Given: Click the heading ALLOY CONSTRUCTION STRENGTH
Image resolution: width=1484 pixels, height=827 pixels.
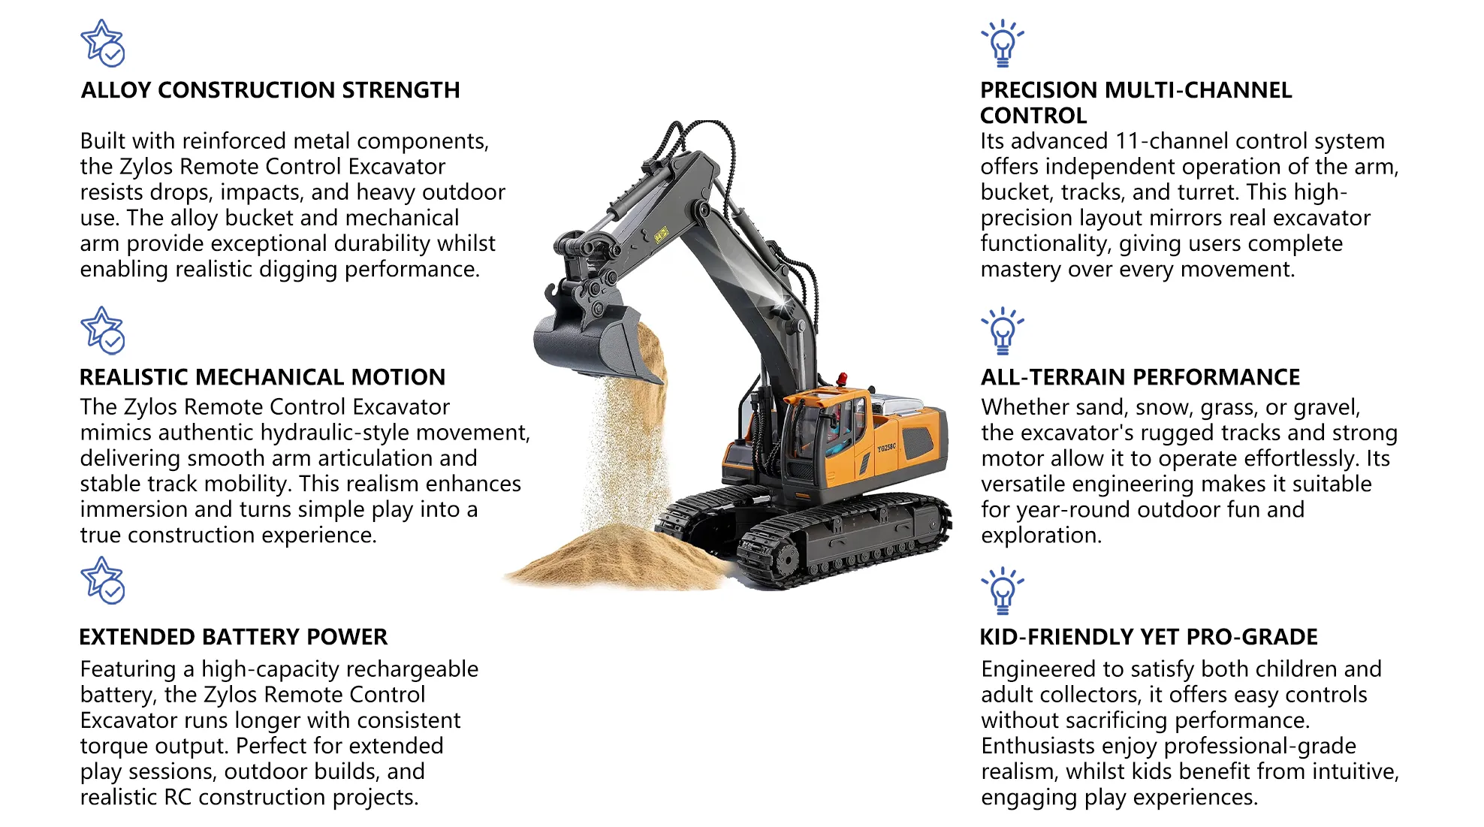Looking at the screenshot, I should click(x=270, y=90).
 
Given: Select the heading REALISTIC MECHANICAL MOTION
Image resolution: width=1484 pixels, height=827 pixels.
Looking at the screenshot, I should click(x=262, y=377).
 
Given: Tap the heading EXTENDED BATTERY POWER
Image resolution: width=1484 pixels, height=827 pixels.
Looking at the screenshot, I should click(x=233, y=637).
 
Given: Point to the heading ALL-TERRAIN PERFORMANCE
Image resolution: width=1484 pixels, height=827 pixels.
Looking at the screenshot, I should click(x=1140, y=377).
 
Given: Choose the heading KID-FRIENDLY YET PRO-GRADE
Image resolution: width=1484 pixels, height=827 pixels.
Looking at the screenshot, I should click(x=1148, y=637).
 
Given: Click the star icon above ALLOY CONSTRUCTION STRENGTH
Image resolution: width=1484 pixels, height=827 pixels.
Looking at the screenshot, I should click(x=103, y=43).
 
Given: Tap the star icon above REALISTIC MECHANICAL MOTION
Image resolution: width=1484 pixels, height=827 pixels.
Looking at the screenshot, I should click(x=103, y=330).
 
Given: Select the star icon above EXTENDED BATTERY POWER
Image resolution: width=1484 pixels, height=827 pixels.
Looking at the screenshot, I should click(x=103, y=581).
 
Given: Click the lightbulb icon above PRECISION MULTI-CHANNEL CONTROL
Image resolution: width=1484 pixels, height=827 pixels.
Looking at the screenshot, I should click(x=1002, y=43).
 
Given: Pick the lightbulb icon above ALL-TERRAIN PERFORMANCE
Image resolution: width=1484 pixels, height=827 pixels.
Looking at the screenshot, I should click(x=1002, y=330).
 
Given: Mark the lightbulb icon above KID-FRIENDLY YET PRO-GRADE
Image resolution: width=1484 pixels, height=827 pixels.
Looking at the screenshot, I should click(x=1002, y=590).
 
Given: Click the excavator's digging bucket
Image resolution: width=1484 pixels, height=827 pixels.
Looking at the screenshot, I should click(x=590, y=346).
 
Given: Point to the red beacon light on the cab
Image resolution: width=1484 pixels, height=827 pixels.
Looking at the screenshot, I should click(x=842, y=378).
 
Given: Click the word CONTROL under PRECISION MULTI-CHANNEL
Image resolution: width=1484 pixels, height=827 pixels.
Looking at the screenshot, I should click(x=1033, y=116).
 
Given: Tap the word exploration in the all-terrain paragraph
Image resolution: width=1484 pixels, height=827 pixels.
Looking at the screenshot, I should click(x=1041, y=536).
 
